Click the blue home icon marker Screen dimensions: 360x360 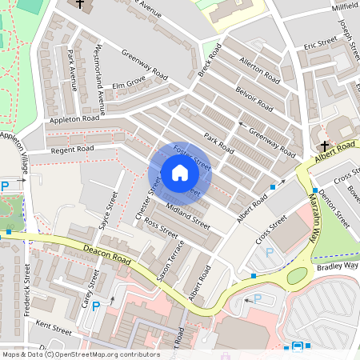(x=180, y=173)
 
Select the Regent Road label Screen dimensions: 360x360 (x=72, y=149)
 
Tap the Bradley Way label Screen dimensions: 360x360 (x=338, y=266)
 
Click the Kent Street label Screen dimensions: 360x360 (x=54, y=328)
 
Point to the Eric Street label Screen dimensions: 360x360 (x=320, y=46)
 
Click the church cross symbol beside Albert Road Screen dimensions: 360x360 (x=324, y=146)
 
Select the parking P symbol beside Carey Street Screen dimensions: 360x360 (x=97, y=306)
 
